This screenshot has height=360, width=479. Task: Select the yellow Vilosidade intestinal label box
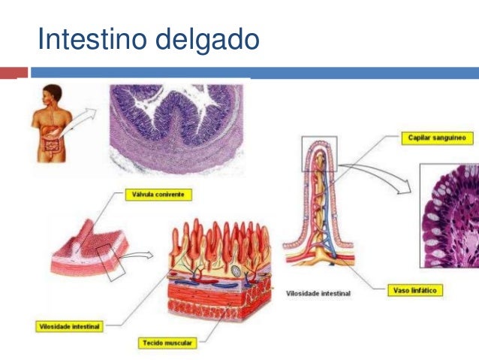tap(70, 327)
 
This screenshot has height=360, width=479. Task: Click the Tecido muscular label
tap(167, 343)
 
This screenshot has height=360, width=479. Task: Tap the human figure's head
tap(54, 92)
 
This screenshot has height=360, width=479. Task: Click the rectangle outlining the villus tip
tap(319, 153)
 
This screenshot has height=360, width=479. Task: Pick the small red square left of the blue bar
tap(22, 73)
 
